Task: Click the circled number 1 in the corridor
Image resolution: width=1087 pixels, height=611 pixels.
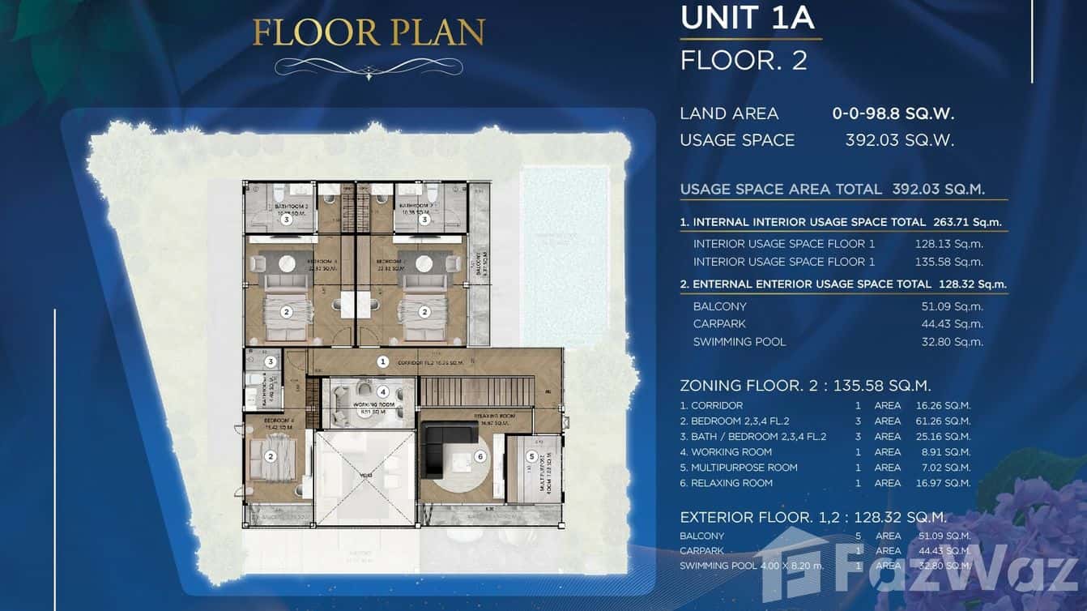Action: (383, 361)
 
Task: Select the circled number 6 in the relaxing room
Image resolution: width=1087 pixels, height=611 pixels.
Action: (480, 457)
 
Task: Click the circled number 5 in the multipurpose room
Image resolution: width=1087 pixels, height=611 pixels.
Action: (531, 455)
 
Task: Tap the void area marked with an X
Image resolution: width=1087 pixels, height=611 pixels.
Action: (364, 477)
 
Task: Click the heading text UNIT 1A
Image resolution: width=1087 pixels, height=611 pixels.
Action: (747, 18)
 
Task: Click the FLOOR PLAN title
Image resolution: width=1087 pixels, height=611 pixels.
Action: (369, 32)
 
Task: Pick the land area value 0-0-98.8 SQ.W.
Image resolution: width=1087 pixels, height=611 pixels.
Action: (893, 113)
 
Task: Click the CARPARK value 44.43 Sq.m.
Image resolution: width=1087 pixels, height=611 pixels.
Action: (957, 324)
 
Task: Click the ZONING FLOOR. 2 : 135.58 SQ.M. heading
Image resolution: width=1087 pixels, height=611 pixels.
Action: (805, 386)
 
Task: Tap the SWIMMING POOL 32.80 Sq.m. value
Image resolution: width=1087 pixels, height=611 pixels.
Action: (957, 342)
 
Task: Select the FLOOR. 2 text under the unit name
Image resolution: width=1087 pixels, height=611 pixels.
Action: (744, 61)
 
